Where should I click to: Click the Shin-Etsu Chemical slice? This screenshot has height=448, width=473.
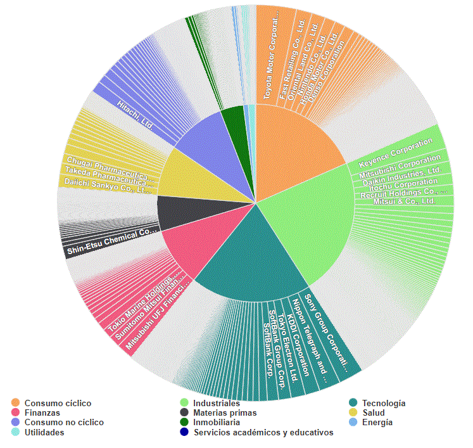pos(111,241)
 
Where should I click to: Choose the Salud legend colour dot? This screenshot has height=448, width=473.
pos(354,413)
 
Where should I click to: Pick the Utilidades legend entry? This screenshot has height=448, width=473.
pos(44,432)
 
